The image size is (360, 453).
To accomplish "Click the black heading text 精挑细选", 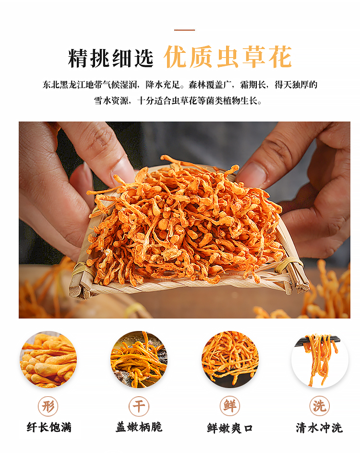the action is coord(111,58).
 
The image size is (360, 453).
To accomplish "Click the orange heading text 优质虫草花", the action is coord(228,57).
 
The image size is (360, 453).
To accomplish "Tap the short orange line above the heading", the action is coord(184,30).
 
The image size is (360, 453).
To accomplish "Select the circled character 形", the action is coord(48,406).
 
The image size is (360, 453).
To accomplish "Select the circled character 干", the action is coord(139,406).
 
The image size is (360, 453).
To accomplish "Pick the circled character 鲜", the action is coord(230,406).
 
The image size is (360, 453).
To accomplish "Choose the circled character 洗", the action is coord(320,406).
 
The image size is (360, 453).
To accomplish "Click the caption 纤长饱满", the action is coord(49,427).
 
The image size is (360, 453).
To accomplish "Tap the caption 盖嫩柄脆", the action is coord(139,427).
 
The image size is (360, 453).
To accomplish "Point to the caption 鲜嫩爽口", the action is coord(230,428).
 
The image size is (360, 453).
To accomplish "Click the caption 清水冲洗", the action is coord(319,428).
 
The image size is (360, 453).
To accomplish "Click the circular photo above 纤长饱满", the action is coord(48,359).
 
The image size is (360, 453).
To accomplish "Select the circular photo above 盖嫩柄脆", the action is coord(139,359).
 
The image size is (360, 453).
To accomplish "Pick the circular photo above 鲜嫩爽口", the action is coord(230,359).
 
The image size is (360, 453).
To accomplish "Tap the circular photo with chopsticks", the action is coord(320,359).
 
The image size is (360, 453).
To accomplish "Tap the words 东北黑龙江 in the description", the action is coord(64,85).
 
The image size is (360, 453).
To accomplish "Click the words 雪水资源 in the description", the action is coord(111,100).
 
